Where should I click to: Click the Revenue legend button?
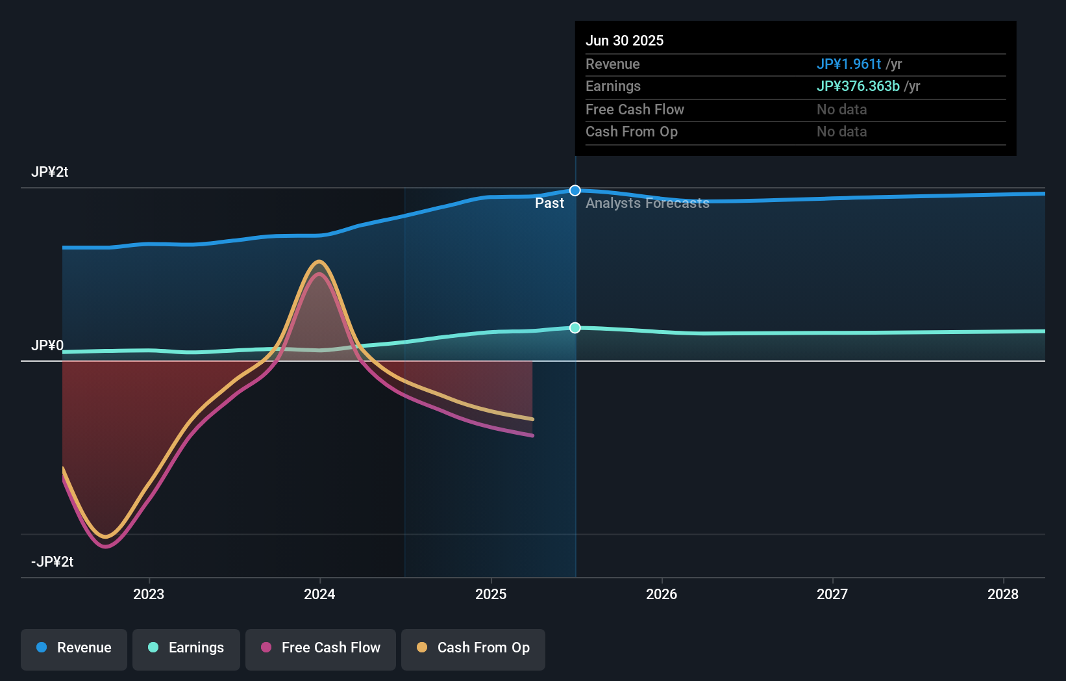coord(74,648)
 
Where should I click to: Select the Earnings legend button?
coord(186,648)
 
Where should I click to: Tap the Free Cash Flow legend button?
coord(321,648)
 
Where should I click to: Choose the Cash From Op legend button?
coord(473,648)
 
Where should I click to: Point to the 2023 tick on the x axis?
coord(149,594)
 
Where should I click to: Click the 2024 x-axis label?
coord(319,594)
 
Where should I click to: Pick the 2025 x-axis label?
coord(491,594)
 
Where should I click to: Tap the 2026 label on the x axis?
coord(662,594)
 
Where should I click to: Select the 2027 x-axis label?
coord(832,594)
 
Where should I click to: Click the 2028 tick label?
coord(1003,594)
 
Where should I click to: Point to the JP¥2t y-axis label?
coord(49,172)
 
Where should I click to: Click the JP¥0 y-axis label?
coord(47,346)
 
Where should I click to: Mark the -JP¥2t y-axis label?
coord(52,562)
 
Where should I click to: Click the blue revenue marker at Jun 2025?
coord(575,190)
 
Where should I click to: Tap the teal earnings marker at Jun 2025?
coord(575,328)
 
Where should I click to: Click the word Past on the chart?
coord(549,203)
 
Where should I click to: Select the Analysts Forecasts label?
coord(647,203)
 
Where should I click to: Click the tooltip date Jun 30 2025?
coord(625,41)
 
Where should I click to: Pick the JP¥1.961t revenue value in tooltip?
coord(849,64)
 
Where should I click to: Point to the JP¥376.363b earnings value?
coord(858,86)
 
